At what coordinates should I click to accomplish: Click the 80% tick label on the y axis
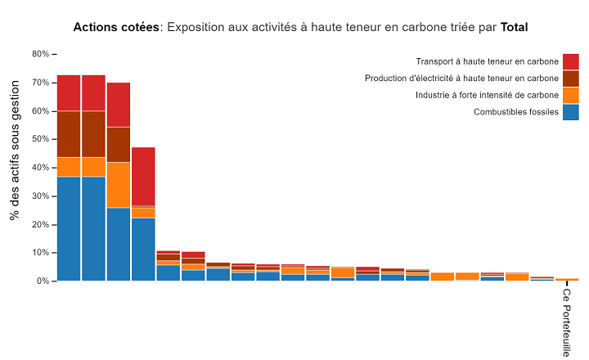tap(40, 54)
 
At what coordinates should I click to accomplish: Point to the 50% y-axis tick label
tap(40, 139)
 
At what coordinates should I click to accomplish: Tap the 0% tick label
tap(43, 281)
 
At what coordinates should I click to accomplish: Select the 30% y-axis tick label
tap(40, 196)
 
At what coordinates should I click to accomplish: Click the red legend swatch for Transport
tap(570, 61)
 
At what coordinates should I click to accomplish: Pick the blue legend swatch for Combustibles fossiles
tap(570, 112)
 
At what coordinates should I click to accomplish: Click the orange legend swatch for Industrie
tap(570, 95)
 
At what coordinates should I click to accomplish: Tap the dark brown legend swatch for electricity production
tap(570, 79)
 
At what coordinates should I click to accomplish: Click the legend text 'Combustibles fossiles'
tap(515, 112)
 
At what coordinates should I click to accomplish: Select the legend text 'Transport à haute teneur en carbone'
tap(487, 61)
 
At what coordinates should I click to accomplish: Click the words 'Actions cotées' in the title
tap(117, 27)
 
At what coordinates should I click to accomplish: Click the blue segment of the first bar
tap(69, 228)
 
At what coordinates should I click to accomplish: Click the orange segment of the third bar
tap(119, 185)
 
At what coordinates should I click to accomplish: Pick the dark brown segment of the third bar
tap(119, 144)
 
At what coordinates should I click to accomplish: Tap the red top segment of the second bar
tap(93, 92)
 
